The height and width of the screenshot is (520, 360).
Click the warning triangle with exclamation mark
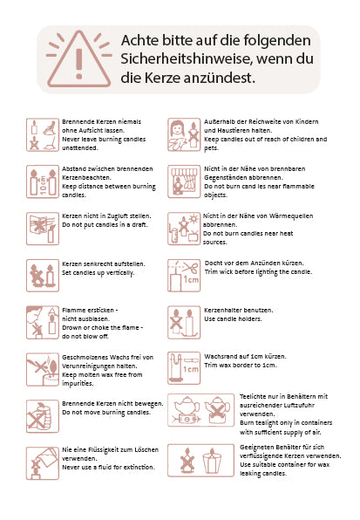pyautogui.click(x=78, y=59)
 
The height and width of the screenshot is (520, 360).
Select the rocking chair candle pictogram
pyautogui.click(x=43, y=134)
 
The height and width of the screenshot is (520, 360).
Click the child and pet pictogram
pyautogui.click(x=184, y=134)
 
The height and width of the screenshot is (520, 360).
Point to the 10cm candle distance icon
pyautogui.click(x=43, y=181)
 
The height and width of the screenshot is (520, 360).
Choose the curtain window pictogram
pyautogui.click(x=184, y=181)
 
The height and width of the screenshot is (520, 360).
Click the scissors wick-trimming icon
pyautogui.click(x=184, y=276)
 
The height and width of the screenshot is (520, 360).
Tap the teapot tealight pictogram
pyautogui.click(x=201, y=410)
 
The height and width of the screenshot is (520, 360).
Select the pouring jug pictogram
pyautogui.click(x=43, y=463)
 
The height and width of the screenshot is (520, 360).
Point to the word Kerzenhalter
pyautogui.click(x=222, y=311)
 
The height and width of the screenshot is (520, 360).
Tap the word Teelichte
pyautogui.click(x=254, y=397)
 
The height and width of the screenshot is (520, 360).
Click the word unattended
pyautogui.click(x=80, y=148)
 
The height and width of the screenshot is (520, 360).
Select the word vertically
pyautogui.click(x=120, y=273)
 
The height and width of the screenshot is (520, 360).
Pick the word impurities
pyautogui.click(x=78, y=384)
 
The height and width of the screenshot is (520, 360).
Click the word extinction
pyautogui.click(x=139, y=468)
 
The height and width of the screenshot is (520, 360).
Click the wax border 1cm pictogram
pyautogui.click(x=184, y=368)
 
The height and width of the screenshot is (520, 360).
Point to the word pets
pyautogui.click(x=211, y=148)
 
